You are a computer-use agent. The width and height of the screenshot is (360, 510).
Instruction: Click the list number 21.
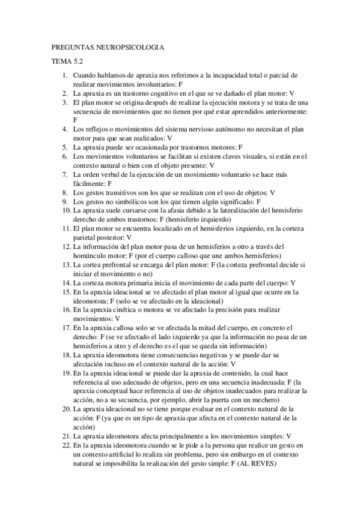point(66,436)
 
